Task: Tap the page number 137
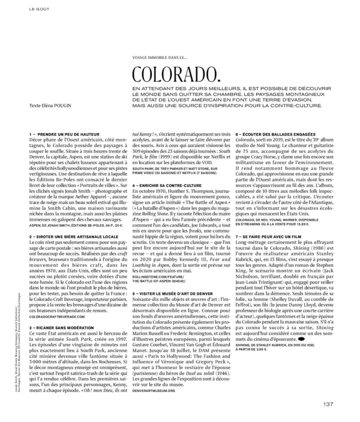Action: click(328, 404)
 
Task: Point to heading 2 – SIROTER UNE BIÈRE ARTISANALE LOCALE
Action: click(69, 236)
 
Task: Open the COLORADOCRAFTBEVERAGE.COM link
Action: click(57, 316)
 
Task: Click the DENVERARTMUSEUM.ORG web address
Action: click(154, 390)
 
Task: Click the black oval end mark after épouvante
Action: click(301, 339)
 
